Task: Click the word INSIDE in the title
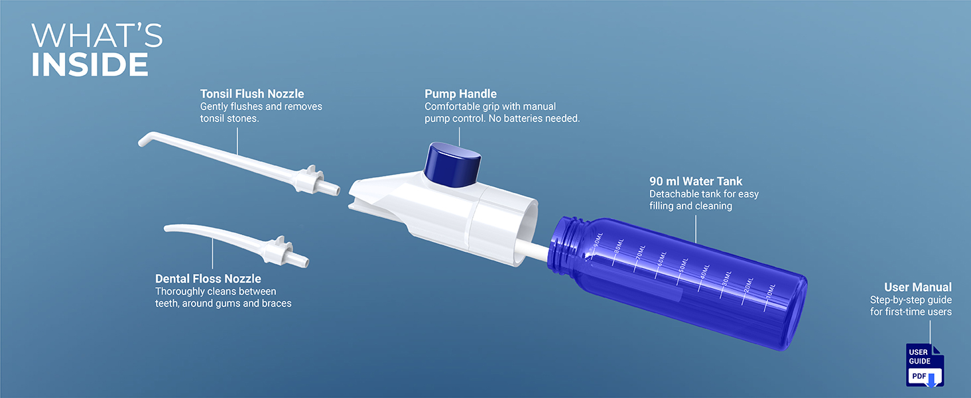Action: point(90,64)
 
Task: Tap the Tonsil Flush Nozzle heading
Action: point(252,94)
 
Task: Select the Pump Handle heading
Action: point(460,94)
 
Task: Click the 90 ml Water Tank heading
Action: point(696,181)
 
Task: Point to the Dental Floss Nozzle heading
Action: point(208,279)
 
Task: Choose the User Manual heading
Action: point(918,287)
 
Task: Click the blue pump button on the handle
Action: point(452,165)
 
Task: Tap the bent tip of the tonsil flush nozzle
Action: point(146,139)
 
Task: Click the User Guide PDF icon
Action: point(925,365)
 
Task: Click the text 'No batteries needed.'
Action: point(534,118)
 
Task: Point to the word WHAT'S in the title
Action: point(97,35)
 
